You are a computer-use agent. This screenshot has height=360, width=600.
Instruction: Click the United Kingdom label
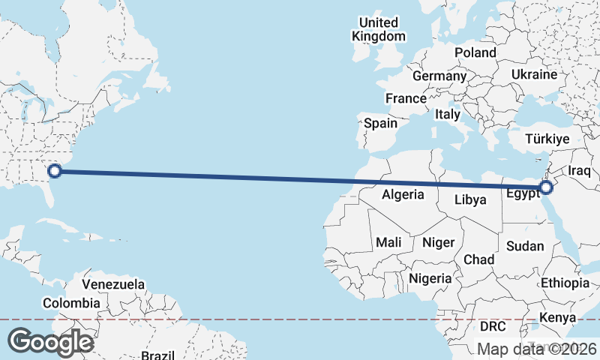pyautogui.click(x=379, y=29)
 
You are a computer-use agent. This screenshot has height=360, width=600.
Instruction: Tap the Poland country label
pyautogui.click(x=475, y=52)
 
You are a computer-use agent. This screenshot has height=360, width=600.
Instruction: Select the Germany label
pyautogui.click(x=439, y=76)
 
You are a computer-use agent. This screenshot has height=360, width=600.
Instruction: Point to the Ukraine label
pyautogui.click(x=534, y=75)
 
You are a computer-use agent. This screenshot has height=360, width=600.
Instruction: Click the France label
pyautogui.click(x=406, y=98)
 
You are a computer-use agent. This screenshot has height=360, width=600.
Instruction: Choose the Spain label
pyautogui.click(x=380, y=123)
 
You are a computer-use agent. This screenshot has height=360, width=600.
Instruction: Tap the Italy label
pyautogui.click(x=448, y=115)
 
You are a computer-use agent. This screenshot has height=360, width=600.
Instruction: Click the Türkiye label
pyautogui.click(x=547, y=139)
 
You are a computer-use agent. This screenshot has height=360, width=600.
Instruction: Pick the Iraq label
pyautogui.click(x=580, y=171)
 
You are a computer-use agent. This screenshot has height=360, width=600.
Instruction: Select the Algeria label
pyautogui.click(x=403, y=195)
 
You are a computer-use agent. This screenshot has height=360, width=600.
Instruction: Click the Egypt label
pyautogui.click(x=522, y=193)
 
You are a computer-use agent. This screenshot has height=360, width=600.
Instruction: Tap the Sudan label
pyautogui.click(x=525, y=246)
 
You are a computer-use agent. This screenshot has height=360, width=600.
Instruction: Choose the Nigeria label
pyautogui.click(x=430, y=278)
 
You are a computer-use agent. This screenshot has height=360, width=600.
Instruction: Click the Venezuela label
pyautogui.click(x=113, y=285)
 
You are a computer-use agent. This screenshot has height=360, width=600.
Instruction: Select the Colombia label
pyautogui.click(x=71, y=303)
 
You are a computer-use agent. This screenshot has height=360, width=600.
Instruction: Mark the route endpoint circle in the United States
pyautogui.click(x=55, y=171)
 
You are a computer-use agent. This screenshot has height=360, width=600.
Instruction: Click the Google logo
pyautogui.click(x=50, y=342)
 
